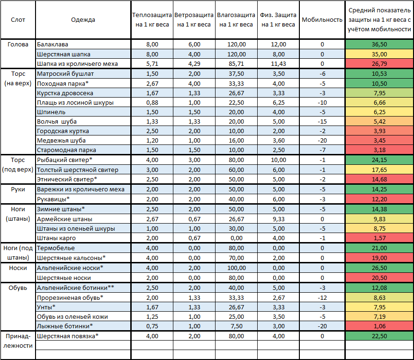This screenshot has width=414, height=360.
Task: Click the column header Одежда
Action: (83, 20)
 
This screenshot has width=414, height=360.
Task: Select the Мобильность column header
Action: (322, 20)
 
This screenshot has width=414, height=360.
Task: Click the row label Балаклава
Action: (53, 45)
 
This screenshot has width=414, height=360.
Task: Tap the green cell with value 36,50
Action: (379, 45)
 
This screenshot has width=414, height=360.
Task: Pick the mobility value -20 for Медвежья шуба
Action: (322, 141)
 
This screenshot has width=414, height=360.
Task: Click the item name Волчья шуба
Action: (57, 121)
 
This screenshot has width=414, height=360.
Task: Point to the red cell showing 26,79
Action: (379, 63)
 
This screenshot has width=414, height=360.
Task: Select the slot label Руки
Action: (18, 189)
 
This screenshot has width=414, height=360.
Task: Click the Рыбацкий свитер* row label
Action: (65, 160)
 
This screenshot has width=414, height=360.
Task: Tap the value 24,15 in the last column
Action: (379, 160)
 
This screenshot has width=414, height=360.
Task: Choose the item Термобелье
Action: (56, 248)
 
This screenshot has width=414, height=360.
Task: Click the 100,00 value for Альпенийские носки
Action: (236, 268)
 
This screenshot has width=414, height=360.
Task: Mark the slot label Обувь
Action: (18, 288)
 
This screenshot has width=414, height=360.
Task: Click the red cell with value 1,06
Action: (379, 326)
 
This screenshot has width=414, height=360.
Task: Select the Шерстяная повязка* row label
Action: (68, 336)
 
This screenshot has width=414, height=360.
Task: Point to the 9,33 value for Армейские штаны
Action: (279, 219)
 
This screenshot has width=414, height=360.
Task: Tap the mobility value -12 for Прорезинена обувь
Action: (322, 298)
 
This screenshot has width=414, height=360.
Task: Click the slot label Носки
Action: (18, 268)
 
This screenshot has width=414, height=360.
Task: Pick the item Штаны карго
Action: (56, 238)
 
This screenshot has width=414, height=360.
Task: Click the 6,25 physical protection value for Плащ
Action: (279, 103)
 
